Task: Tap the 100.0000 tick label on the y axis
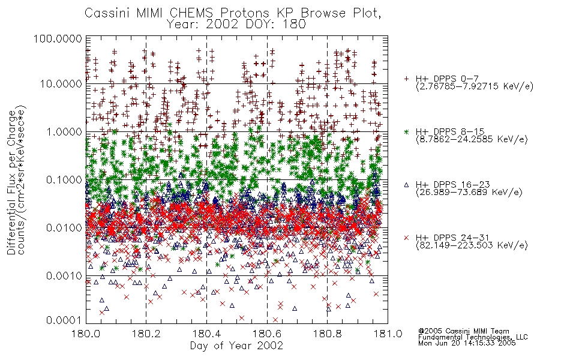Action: tap(58, 38)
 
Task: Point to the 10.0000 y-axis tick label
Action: tap(61, 84)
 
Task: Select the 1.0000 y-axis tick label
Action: tap(64, 131)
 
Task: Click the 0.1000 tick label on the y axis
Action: tap(64, 179)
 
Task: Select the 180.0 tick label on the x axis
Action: tap(86, 334)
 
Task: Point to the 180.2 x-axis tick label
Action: tap(146, 334)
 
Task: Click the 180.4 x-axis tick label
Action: tap(206, 334)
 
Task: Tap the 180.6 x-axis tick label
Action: tap(267, 334)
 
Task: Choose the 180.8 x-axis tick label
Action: tap(327, 334)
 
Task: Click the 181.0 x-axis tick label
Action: tap(388, 334)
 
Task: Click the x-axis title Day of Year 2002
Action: tap(236, 346)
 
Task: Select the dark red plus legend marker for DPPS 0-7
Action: tap(406, 79)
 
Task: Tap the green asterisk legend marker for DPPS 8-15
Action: tap(406, 131)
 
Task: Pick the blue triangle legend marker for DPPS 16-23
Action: tap(406, 185)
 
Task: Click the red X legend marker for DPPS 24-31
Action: tap(406, 238)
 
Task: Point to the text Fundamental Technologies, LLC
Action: tap(473, 337)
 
